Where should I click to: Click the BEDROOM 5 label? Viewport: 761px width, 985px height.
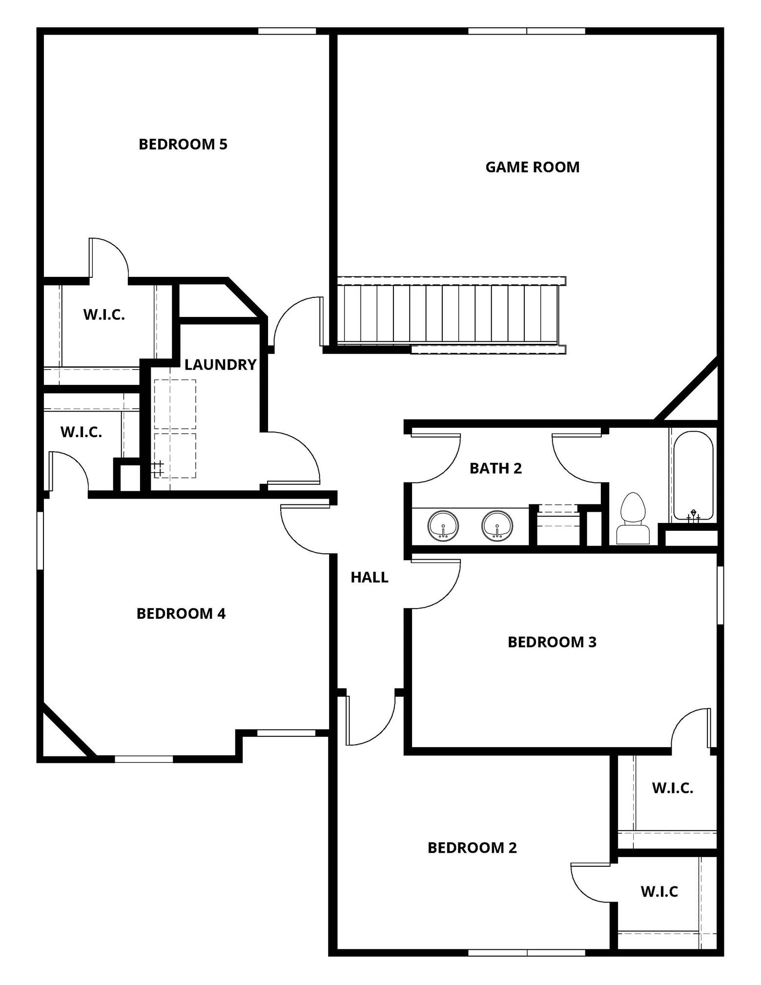(x=183, y=145)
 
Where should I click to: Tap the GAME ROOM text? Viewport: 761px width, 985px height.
(x=532, y=168)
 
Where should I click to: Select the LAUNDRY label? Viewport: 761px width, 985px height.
(x=220, y=365)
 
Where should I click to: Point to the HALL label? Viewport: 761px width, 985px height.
(x=370, y=578)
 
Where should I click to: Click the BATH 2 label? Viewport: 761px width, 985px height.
(x=495, y=469)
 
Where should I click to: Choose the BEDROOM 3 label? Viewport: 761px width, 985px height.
(x=552, y=642)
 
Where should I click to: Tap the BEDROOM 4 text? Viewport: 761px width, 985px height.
(x=181, y=614)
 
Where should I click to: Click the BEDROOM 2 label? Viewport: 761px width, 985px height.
(x=472, y=848)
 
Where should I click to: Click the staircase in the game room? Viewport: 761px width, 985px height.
(x=449, y=314)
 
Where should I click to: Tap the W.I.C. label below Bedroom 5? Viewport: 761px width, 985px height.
(x=104, y=315)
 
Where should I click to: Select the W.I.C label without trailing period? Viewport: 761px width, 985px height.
(x=659, y=892)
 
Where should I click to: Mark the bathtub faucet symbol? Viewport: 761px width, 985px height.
(x=693, y=515)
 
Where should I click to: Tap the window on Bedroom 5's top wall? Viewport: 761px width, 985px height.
(x=287, y=31)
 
